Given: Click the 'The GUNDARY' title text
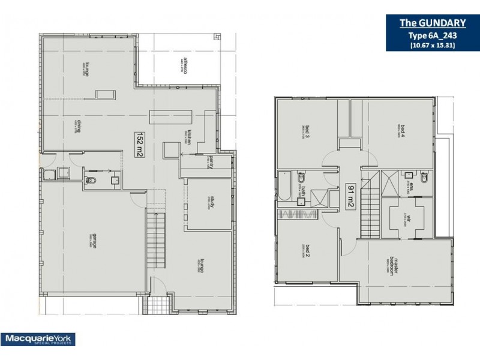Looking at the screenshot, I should click(433, 23).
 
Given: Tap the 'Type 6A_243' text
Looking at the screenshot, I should click(433, 35).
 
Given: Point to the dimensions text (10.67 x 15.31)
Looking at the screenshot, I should click(433, 45).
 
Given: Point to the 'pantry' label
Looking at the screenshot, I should click(211, 163).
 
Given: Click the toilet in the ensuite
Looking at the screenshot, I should click(425, 178).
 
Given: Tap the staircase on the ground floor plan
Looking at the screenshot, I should click(155, 240).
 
